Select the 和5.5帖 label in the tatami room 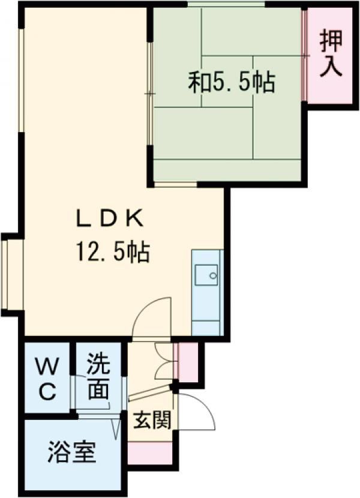click(x=232, y=83)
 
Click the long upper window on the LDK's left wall click(x=21, y=78)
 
